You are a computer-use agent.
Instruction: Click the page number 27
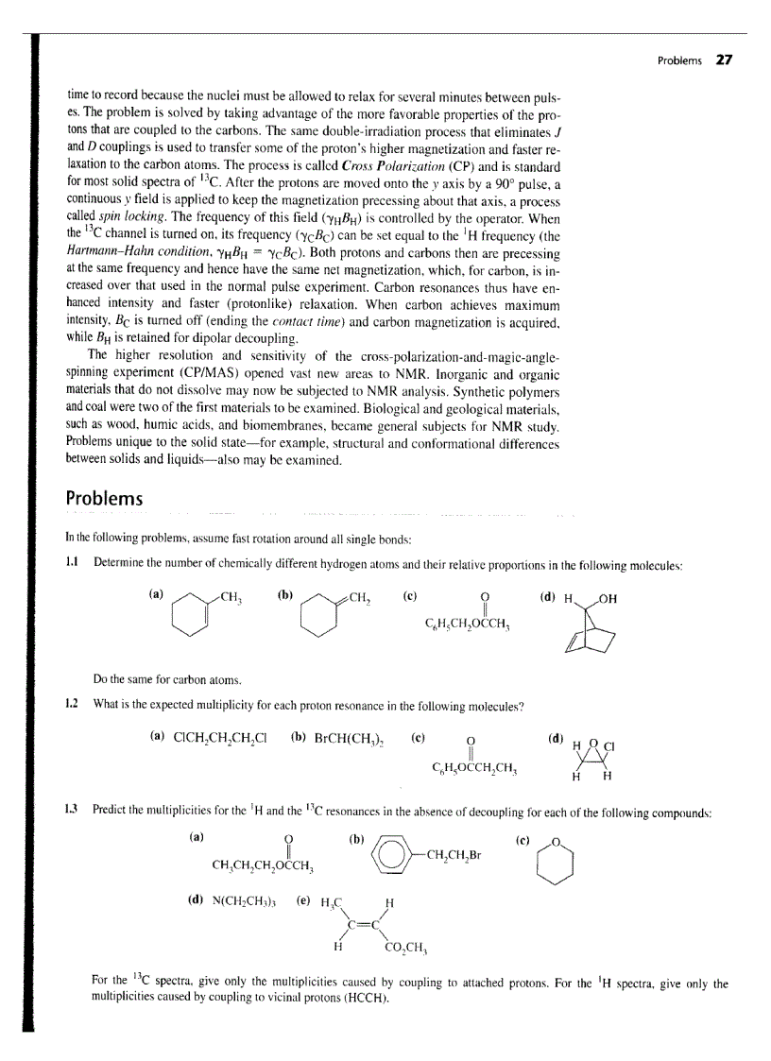click(x=725, y=60)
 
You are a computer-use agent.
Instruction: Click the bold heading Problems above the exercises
click(x=104, y=498)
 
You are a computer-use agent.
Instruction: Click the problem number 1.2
click(x=72, y=706)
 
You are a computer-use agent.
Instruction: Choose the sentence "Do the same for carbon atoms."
click(x=155, y=677)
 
